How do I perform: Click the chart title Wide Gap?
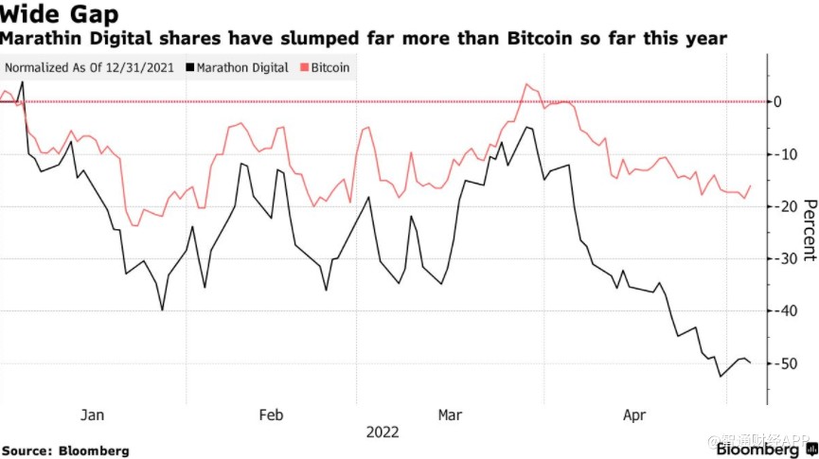(x=59, y=16)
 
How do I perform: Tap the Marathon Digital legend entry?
(x=238, y=68)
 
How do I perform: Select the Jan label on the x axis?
(x=93, y=415)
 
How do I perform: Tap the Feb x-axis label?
(x=272, y=415)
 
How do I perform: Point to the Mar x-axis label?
(x=451, y=415)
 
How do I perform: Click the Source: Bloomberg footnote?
(x=65, y=450)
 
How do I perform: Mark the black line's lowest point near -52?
(x=721, y=376)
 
